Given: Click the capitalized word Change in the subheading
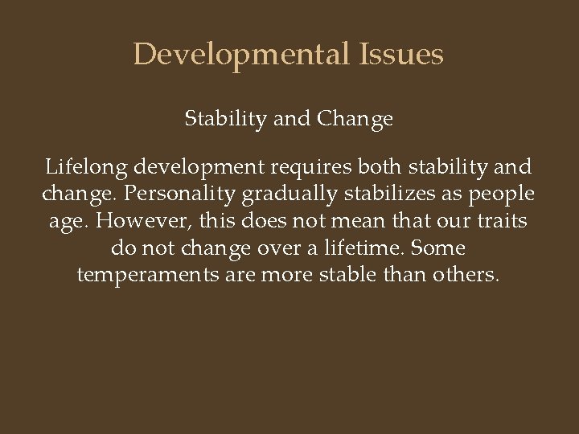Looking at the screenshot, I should [355, 119].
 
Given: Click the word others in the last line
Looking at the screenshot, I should [464, 275].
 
